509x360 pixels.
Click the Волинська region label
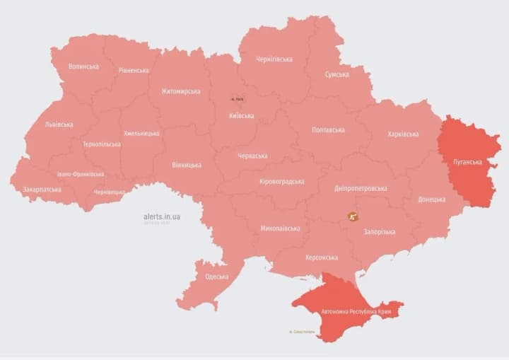coord(83,66)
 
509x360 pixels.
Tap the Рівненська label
coord(134,71)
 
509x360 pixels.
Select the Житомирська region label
coord(180,91)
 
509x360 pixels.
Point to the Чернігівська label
coord(274,59)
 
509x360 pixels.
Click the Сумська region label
coord(337,74)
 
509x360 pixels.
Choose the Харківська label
coord(403,134)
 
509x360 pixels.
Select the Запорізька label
coord(379,231)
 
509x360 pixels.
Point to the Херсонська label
coord(321,258)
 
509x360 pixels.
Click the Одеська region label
coord(216,277)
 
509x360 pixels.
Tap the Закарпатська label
coord(42,190)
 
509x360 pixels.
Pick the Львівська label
coord(59,124)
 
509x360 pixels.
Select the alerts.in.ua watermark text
coord(161,216)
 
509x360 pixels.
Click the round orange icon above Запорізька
coord(351,216)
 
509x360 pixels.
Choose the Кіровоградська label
coord(281,182)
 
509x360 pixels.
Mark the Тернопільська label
coord(101,144)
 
